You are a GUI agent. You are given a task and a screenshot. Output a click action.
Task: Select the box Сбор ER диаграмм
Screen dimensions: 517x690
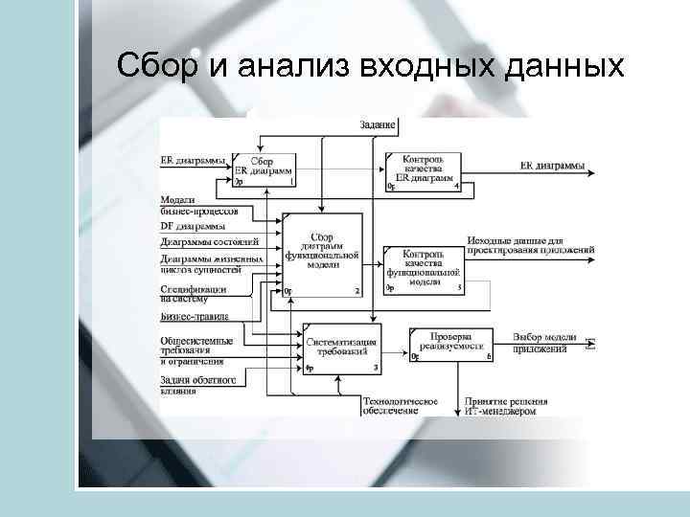click(x=264, y=170)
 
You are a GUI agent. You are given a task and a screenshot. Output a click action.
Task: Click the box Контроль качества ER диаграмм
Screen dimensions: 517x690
click(x=422, y=170)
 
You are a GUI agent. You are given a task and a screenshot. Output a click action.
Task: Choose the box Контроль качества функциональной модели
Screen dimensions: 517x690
click(x=423, y=268)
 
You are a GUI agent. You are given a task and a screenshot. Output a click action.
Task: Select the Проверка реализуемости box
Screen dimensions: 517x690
click(x=450, y=345)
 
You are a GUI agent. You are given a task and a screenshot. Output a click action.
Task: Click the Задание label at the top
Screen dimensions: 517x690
click(x=378, y=125)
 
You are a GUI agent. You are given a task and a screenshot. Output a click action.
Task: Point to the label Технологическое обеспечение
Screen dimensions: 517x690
click(x=400, y=406)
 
